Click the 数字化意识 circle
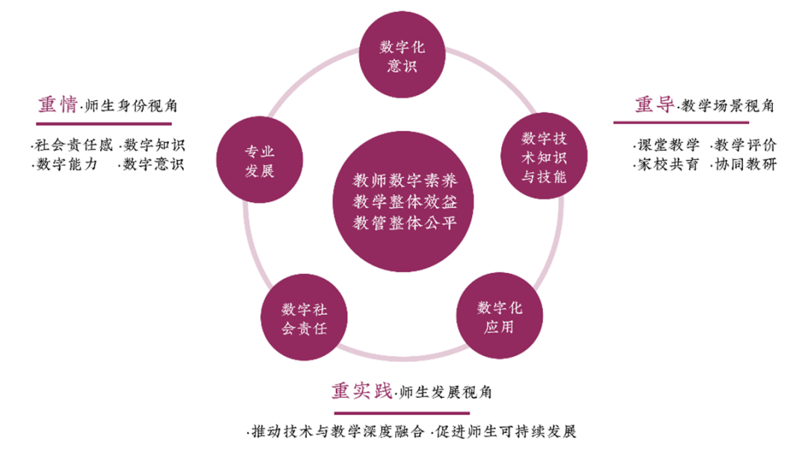pyautogui.click(x=403, y=56)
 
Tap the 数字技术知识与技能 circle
pyautogui.click(x=544, y=157)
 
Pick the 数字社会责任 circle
pyautogui.click(x=304, y=319)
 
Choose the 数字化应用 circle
pyautogui.click(x=499, y=316)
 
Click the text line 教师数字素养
pyautogui.click(x=404, y=181)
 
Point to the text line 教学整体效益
pyautogui.click(x=404, y=202)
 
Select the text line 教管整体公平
pyautogui.click(x=404, y=223)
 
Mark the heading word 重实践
pyautogui.click(x=362, y=391)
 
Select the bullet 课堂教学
pyautogui.click(x=666, y=145)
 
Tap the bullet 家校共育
pyautogui.click(x=666, y=165)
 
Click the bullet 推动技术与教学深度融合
pyautogui.click(x=337, y=432)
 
